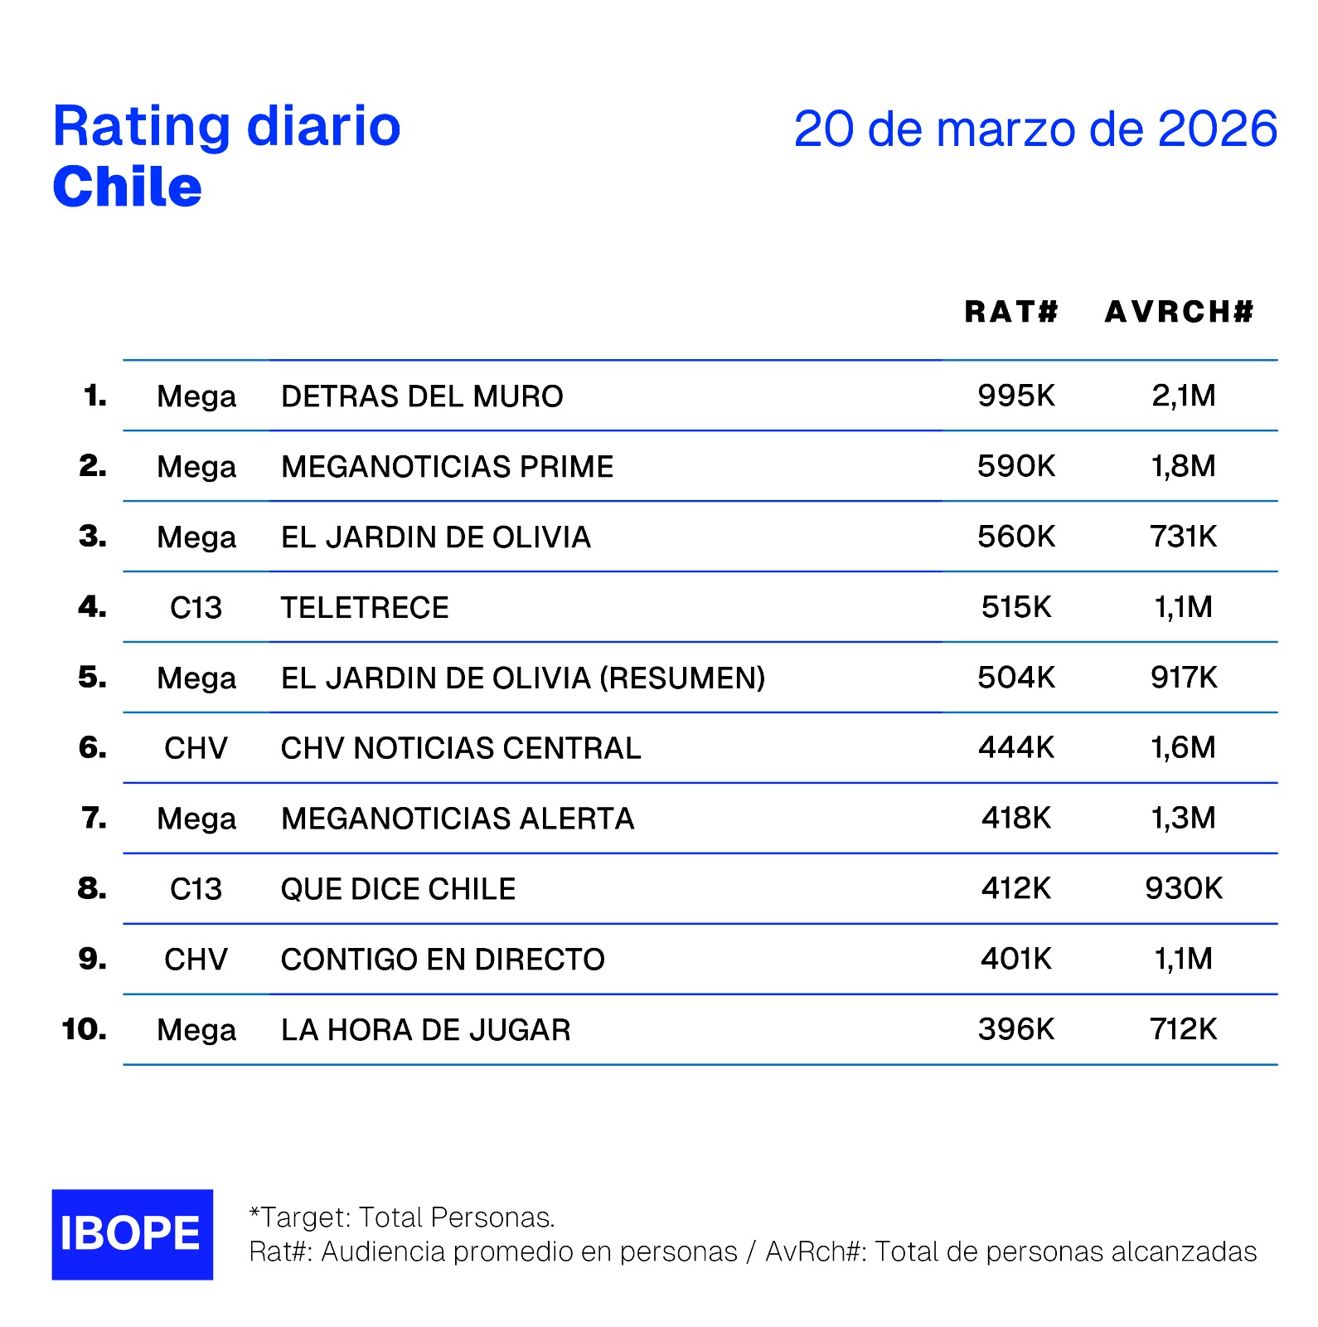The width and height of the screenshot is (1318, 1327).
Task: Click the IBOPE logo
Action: (132, 1234)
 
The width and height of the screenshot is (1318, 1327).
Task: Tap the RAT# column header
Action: (1011, 312)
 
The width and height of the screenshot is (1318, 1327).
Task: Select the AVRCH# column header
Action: (1180, 312)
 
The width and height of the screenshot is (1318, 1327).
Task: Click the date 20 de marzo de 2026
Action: (1035, 129)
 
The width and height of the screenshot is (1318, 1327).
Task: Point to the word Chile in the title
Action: (127, 187)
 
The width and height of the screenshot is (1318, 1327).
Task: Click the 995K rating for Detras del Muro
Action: (1016, 396)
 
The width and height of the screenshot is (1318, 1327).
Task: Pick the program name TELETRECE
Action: (365, 608)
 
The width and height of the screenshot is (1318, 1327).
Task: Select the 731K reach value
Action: (1183, 537)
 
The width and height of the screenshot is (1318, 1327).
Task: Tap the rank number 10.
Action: (84, 1029)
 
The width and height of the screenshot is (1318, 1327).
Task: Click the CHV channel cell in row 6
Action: (196, 748)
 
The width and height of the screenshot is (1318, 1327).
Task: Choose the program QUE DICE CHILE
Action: (398, 889)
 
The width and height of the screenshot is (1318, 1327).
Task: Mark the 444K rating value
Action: (1016, 748)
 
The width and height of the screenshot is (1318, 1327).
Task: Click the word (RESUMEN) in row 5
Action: (682, 678)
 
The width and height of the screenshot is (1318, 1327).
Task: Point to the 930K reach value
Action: (1183, 888)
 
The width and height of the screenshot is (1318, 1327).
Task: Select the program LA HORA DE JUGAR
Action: (425, 1030)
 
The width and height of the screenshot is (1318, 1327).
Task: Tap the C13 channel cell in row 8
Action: (196, 889)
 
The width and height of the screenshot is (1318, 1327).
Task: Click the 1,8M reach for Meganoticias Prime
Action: (1183, 466)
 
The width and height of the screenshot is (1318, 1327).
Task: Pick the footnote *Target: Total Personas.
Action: (402, 1218)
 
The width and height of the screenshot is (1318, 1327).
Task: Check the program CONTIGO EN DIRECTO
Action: (443, 960)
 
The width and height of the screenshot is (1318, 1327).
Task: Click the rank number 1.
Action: (94, 396)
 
